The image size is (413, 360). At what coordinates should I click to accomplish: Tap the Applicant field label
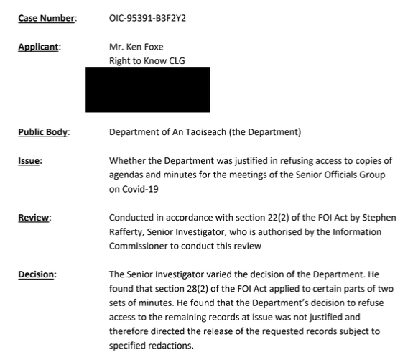click(x=40, y=47)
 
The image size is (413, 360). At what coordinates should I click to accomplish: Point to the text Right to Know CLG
click(x=147, y=60)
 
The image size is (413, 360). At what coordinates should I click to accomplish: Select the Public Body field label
click(x=44, y=132)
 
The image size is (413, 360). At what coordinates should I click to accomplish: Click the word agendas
click(x=128, y=175)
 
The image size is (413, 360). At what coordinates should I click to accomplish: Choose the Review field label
click(x=34, y=217)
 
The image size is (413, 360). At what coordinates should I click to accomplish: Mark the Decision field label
click(x=37, y=274)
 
